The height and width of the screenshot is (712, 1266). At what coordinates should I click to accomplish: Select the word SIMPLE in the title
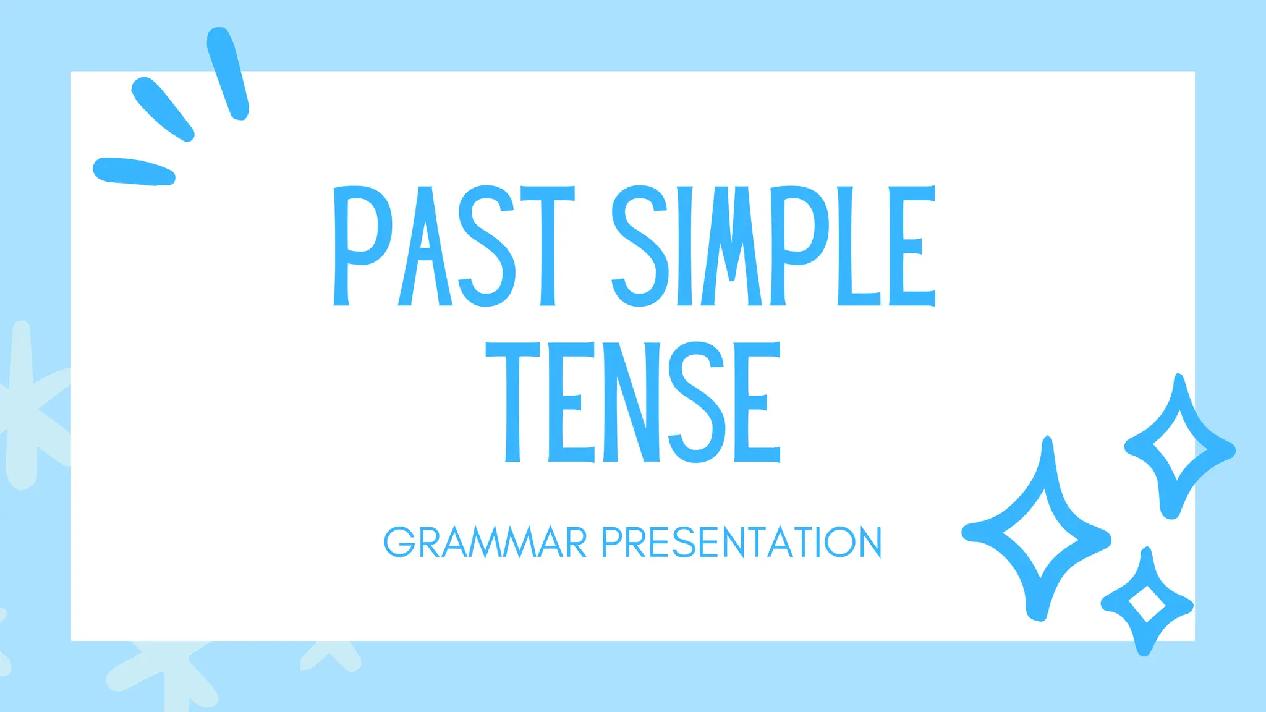coord(773,246)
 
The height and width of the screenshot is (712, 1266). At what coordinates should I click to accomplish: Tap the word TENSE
coord(633,402)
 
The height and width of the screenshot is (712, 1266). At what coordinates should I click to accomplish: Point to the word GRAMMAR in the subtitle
coord(485,543)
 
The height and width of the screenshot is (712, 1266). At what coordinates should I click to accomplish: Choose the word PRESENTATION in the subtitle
coord(742,543)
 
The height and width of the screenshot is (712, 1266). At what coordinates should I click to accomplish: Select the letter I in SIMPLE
coord(685,246)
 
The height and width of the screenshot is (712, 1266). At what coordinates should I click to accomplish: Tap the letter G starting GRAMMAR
coord(399,543)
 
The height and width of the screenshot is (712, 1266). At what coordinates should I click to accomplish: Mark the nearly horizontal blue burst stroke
coord(133,171)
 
